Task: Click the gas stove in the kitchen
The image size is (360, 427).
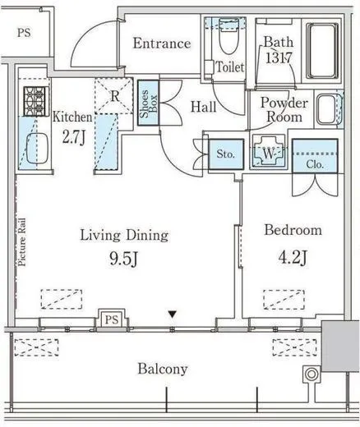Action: click(x=36, y=101)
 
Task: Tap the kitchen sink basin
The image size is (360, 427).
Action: click(x=37, y=149)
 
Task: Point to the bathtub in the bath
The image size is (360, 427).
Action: click(x=322, y=51)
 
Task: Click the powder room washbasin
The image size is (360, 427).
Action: click(x=326, y=109)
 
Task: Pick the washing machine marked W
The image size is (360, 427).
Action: click(x=268, y=154)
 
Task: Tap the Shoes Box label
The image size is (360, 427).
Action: click(x=148, y=103)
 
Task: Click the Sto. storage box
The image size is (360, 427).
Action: click(x=226, y=154)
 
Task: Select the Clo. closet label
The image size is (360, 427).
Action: click(x=315, y=164)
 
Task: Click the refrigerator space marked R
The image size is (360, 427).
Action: click(x=113, y=96)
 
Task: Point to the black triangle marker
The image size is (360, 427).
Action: click(x=172, y=315)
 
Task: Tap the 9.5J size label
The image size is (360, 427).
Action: click(x=123, y=259)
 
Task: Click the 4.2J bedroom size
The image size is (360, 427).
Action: click(x=293, y=257)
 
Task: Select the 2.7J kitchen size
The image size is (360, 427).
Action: click(x=74, y=137)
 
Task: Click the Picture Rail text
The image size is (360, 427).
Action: click(x=21, y=242)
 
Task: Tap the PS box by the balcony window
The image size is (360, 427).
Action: click(x=112, y=319)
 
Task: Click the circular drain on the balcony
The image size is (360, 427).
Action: click(x=312, y=374)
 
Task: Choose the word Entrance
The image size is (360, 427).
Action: click(x=162, y=44)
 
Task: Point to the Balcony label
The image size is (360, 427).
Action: click(x=163, y=370)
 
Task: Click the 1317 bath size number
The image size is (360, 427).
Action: click(x=279, y=57)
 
